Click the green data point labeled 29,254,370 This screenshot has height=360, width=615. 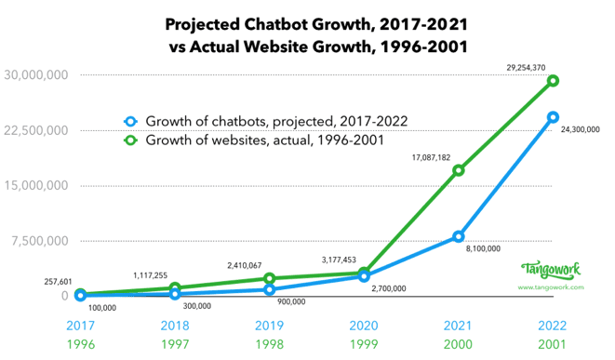click(x=552, y=81)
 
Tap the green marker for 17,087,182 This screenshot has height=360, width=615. click(x=458, y=170)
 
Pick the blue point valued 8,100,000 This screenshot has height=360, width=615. click(x=458, y=236)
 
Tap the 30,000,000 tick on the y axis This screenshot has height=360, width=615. click(x=35, y=74)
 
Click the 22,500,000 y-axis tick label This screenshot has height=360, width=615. click(x=35, y=130)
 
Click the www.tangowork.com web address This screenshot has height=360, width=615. click(x=551, y=287)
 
